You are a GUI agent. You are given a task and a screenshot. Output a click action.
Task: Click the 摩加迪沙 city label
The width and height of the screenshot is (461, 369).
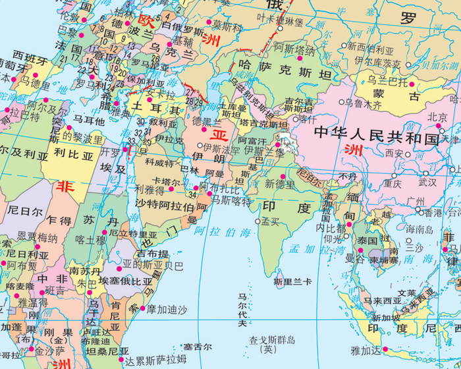[167, 308]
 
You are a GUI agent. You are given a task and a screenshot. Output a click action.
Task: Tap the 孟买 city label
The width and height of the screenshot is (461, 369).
[270, 221]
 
